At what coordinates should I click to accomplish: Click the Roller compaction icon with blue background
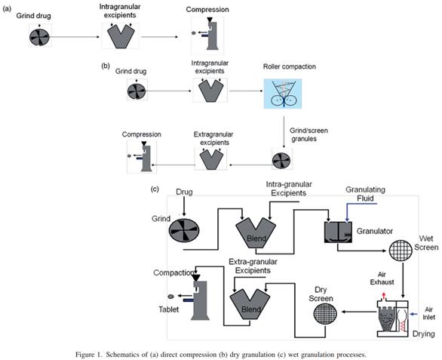tap(283, 94)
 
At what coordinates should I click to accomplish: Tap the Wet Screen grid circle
tap(401, 251)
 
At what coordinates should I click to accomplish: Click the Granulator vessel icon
tap(338, 232)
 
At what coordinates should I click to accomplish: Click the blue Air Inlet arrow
tap(413, 314)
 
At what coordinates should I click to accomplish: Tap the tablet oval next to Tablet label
tap(170, 297)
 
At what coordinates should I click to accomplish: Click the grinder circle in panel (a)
tap(39, 37)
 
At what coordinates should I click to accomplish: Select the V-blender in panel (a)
tap(121, 36)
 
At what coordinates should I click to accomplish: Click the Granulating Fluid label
tap(365, 194)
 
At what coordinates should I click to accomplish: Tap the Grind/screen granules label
tap(308, 135)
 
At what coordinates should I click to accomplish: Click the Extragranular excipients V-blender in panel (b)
tap(211, 159)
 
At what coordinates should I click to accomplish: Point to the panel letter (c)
tap(155, 189)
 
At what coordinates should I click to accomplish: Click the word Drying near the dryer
tap(423, 334)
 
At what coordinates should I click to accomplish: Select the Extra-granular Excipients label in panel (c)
tap(253, 266)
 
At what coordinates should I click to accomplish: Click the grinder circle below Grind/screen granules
tap(281, 161)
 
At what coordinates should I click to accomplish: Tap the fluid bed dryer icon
tap(393, 318)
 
